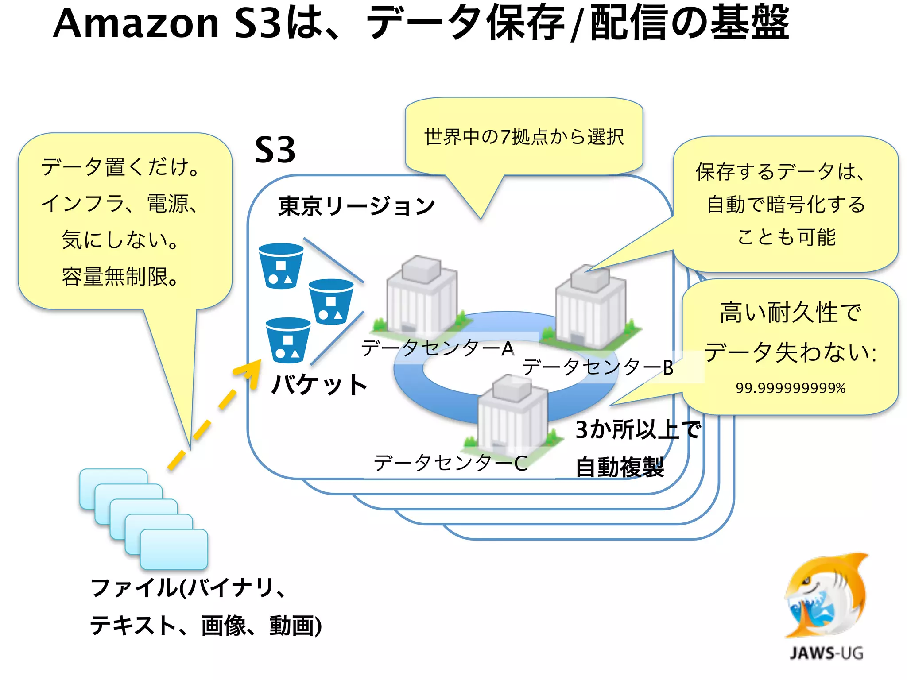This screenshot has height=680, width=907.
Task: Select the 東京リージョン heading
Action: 357,206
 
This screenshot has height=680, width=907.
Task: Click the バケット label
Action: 319,384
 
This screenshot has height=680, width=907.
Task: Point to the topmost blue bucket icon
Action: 281,266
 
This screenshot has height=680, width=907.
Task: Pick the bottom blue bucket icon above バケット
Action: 288,340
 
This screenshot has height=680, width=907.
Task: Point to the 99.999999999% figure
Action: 791,388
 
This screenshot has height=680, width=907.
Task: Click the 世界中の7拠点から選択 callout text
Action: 524,137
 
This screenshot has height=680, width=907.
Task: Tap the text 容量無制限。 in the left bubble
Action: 120,277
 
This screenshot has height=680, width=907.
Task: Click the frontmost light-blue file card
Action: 174,549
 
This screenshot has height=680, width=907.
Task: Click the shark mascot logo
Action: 826,595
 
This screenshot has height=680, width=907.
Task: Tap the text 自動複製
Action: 620,467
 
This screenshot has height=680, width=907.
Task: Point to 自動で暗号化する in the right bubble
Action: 786,205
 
